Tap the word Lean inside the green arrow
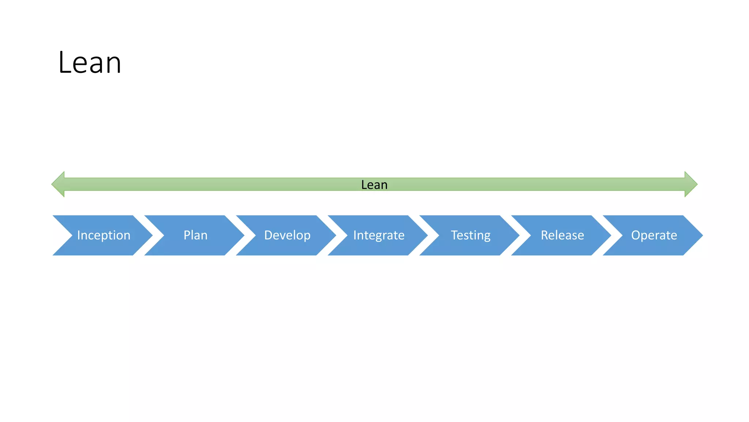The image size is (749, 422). (374, 185)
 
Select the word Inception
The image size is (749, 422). (103, 235)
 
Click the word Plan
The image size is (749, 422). (195, 235)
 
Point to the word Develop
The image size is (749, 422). (287, 235)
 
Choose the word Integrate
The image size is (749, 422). (379, 235)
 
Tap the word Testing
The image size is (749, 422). (470, 235)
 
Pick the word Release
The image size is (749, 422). (562, 235)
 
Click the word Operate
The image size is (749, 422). (654, 235)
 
